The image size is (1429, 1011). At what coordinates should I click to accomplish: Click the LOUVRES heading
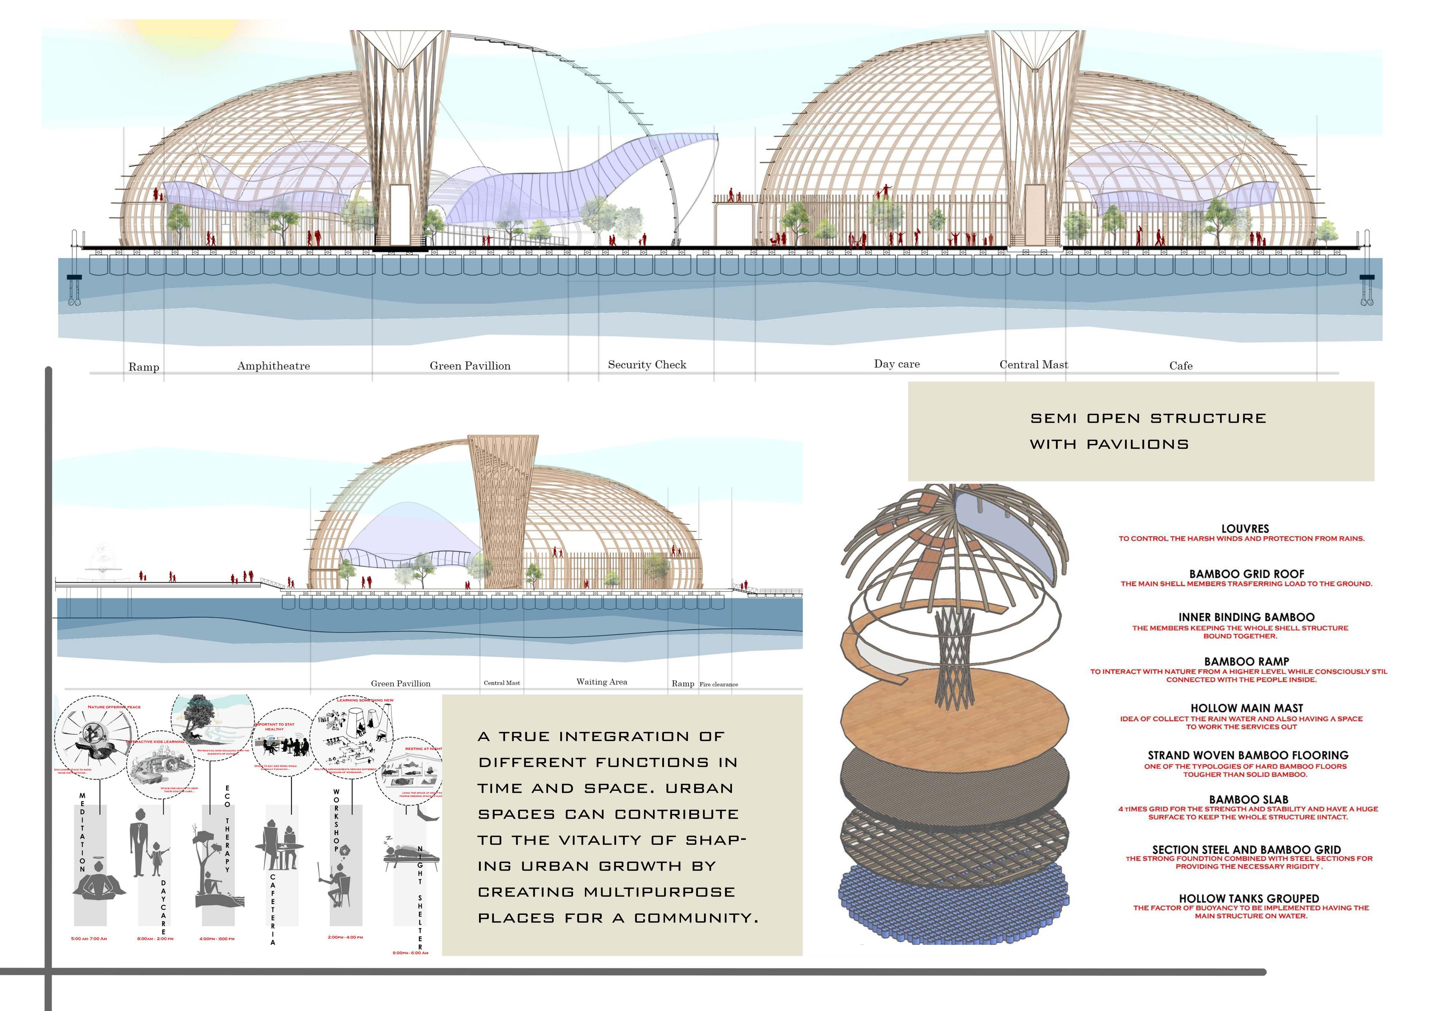[x=1245, y=529]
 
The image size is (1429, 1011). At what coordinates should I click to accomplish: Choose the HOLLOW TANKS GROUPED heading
[x=1248, y=898]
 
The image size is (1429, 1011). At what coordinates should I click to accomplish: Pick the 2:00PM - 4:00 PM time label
[x=345, y=937]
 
